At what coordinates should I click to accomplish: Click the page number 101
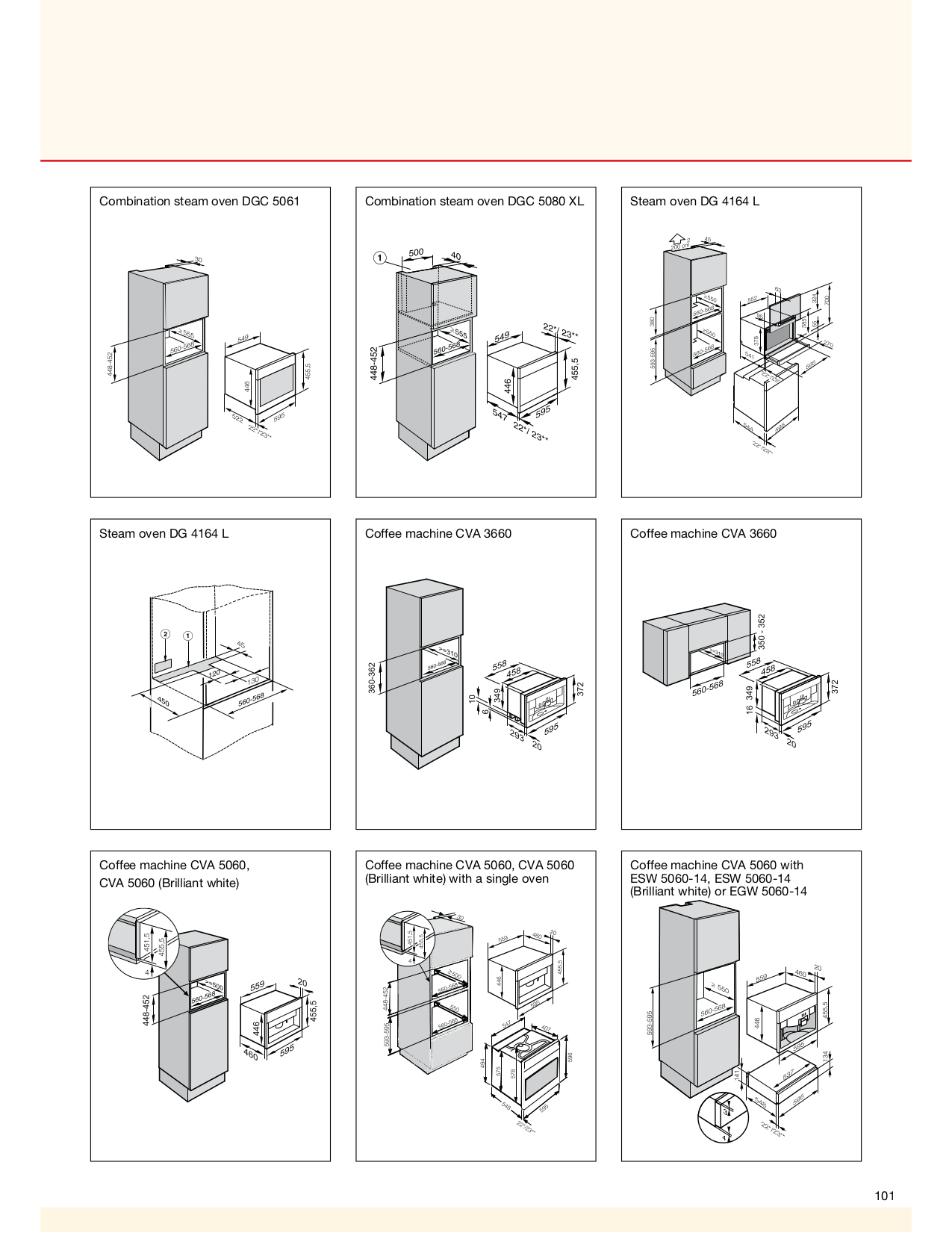pyautogui.click(x=884, y=1196)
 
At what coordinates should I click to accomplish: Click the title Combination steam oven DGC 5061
pyautogui.click(x=199, y=201)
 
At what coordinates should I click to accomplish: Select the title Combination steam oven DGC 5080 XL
pyautogui.click(x=474, y=201)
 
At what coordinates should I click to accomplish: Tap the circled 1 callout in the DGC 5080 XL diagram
pyautogui.click(x=380, y=258)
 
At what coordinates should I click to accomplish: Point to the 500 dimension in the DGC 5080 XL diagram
pyautogui.click(x=416, y=253)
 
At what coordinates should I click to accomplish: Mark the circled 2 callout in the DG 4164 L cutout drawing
pyautogui.click(x=164, y=634)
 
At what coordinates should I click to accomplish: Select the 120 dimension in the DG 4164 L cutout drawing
pyautogui.click(x=214, y=674)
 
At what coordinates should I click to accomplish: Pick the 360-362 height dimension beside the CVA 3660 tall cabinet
pyautogui.click(x=371, y=677)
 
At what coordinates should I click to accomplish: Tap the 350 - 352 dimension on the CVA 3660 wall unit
pyautogui.click(x=762, y=632)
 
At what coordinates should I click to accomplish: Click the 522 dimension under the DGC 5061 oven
pyautogui.click(x=237, y=418)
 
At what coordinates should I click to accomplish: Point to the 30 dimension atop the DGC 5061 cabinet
pyautogui.click(x=198, y=260)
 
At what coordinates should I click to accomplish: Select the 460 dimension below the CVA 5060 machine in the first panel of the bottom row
pyautogui.click(x=251, y=1055)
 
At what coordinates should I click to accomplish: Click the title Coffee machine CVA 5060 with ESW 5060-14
pyautogui.click(x=718, y=878)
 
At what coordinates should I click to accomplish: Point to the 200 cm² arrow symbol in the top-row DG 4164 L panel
pyautogui.click(x=678, y=241)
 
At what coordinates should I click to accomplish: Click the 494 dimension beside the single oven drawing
pyautogui.click(x=483, y=1063)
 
